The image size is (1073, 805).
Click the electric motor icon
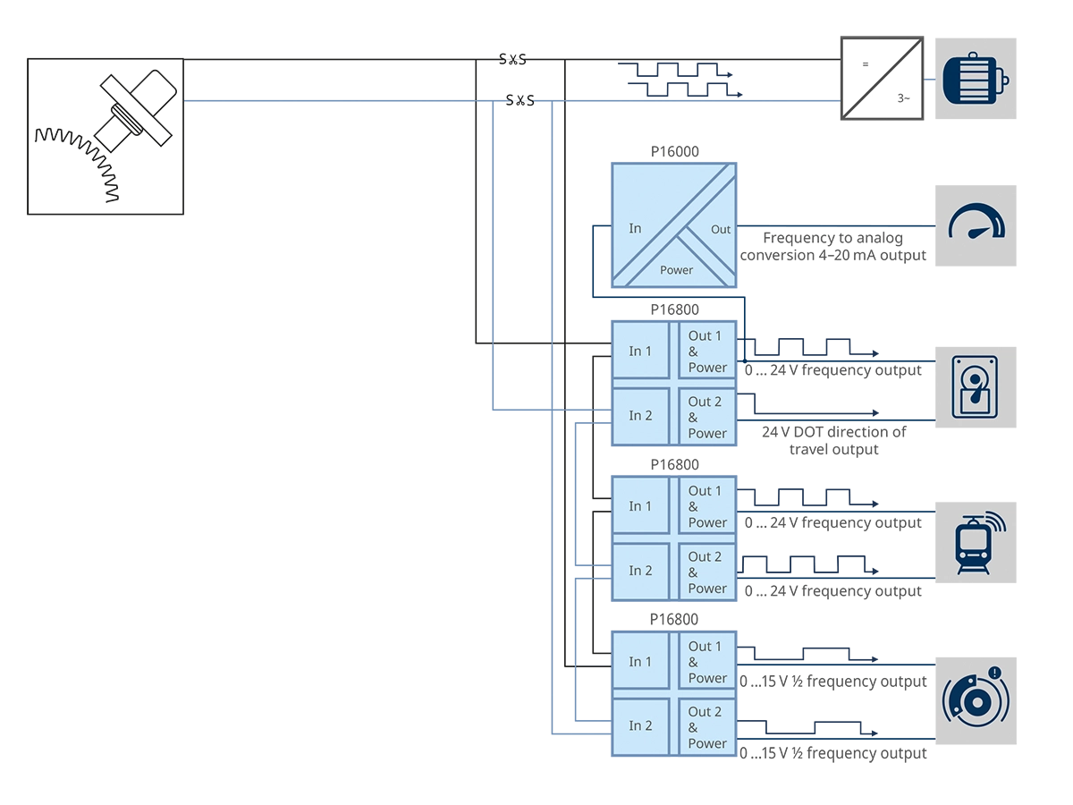976,79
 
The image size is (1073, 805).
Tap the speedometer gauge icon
976,224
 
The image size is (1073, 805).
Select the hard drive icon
975,387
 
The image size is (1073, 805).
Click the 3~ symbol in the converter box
903,98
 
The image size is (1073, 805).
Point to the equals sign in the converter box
865,64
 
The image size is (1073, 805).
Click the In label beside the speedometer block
635,228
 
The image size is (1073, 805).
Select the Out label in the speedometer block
721,229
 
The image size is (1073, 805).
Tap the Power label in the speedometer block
676,269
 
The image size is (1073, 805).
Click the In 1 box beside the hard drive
640,352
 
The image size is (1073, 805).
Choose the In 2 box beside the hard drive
640,416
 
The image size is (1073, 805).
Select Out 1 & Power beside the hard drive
706,352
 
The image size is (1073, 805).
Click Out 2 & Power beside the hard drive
706,417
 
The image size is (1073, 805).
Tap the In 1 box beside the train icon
640,506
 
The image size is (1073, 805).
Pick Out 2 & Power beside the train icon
706,572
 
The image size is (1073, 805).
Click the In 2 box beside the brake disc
640,726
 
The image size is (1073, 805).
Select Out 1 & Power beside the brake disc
706,662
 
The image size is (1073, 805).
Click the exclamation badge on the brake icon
993,673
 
